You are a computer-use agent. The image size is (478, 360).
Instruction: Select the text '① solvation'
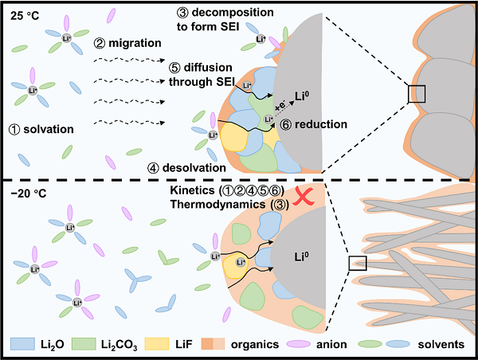[x=42, y=128]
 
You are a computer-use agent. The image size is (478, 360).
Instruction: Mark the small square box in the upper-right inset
[x=417, y=94]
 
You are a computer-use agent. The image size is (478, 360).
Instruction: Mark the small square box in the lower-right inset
[x=358, y=263]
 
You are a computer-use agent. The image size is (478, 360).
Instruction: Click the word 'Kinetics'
[x=194, y=193]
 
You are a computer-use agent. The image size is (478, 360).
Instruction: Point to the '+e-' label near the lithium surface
[x=279, y=107]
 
